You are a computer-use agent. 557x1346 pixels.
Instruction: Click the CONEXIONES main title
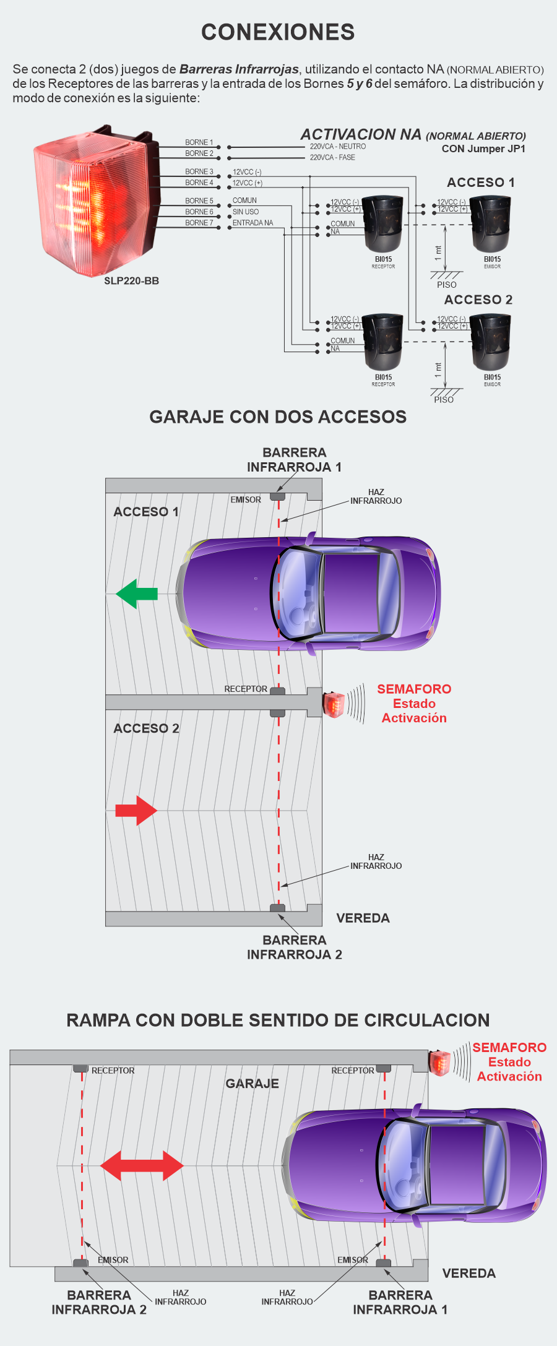coord(278,32)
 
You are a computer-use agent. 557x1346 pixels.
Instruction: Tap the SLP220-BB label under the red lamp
coord(131,281)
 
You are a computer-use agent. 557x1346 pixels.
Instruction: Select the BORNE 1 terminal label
coord(199,142)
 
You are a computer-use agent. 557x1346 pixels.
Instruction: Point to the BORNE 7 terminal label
coord(199,223)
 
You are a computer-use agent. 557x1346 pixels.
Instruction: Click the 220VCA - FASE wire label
coord(332,158)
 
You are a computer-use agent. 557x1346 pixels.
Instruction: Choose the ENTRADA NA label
coord(253,223)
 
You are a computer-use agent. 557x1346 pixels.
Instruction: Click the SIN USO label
coord(246,212)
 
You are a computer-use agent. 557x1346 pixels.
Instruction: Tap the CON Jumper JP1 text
coord(483,149)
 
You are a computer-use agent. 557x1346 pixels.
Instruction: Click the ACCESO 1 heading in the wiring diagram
coord(480,183)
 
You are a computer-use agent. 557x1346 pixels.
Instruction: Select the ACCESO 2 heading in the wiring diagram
coord(478,300)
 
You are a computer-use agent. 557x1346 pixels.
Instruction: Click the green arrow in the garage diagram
coord(137,594)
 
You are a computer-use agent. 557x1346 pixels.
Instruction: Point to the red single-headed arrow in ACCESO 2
coord(136,810)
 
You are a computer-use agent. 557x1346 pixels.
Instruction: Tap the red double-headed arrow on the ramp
coord(142,1166)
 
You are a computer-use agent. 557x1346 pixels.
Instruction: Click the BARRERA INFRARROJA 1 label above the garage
coord(294,460)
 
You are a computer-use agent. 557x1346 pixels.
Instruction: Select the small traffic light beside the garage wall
coord(334,704)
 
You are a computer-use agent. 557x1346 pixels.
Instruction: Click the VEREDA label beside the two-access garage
coord(363,918)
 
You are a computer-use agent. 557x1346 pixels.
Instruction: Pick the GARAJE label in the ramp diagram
coord(252,1084)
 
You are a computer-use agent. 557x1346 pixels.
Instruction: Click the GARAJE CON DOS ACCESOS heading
coord(278,417)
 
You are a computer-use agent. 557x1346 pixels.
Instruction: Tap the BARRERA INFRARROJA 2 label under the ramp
coord(99,1302)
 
